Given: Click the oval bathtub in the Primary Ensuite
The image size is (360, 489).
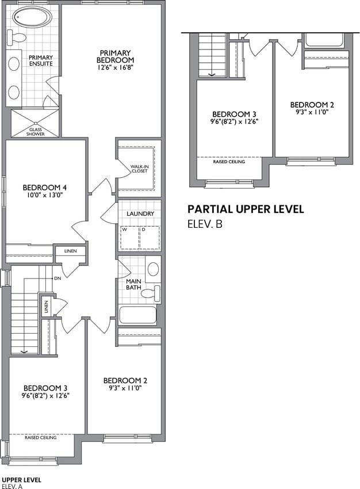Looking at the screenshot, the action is click(33, 17).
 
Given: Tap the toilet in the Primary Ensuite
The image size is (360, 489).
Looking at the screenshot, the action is click(16, 37).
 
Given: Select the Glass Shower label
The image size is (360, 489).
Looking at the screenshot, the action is click(35, 132).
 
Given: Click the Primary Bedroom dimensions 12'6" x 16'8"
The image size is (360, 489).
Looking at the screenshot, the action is click(114, 67).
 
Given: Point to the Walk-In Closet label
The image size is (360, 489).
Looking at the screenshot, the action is click(139, 169).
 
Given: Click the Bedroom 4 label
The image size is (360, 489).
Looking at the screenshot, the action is click(45, 188).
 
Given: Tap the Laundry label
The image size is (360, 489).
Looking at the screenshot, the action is click(140, 213).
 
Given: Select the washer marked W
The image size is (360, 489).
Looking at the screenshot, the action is click(129, 238).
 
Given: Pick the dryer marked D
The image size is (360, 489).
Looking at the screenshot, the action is click(150, 238).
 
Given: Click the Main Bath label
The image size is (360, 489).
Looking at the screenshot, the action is click(134, 284).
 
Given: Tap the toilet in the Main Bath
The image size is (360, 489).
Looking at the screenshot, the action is click(151, 293).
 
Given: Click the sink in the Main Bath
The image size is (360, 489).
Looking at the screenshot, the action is click(153, 269).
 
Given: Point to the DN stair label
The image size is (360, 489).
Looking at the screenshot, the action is click(58, 278).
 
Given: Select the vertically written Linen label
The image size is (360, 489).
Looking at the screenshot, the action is click(47, 307).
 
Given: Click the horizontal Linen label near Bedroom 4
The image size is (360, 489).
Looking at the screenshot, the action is click(70, 251).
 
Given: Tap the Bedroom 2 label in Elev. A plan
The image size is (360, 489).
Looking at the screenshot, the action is click(125, 380).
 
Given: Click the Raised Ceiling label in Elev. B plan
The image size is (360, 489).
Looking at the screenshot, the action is click(229, 162).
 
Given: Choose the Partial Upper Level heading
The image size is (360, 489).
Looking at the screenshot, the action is click(246, 209).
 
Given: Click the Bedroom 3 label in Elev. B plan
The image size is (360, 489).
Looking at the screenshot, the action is click(235, 114).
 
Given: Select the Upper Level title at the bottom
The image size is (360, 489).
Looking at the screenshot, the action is click(21, 480).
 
